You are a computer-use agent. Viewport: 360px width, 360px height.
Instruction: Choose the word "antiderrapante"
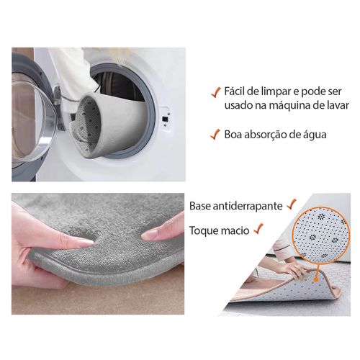[248, 206]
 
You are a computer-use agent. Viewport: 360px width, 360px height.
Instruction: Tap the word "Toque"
[202, 230]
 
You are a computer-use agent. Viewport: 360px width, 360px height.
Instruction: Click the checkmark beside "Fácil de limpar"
[216, 92]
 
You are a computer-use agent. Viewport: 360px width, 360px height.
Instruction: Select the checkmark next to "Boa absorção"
[215, 134]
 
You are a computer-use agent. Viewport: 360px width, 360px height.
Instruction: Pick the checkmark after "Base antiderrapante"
[292, 204]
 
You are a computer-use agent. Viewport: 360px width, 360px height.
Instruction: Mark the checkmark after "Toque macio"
[258, 228]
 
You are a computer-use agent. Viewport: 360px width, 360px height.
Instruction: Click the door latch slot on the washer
[165, 119]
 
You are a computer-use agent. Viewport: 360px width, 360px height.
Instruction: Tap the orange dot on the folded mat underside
[316, 279]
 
